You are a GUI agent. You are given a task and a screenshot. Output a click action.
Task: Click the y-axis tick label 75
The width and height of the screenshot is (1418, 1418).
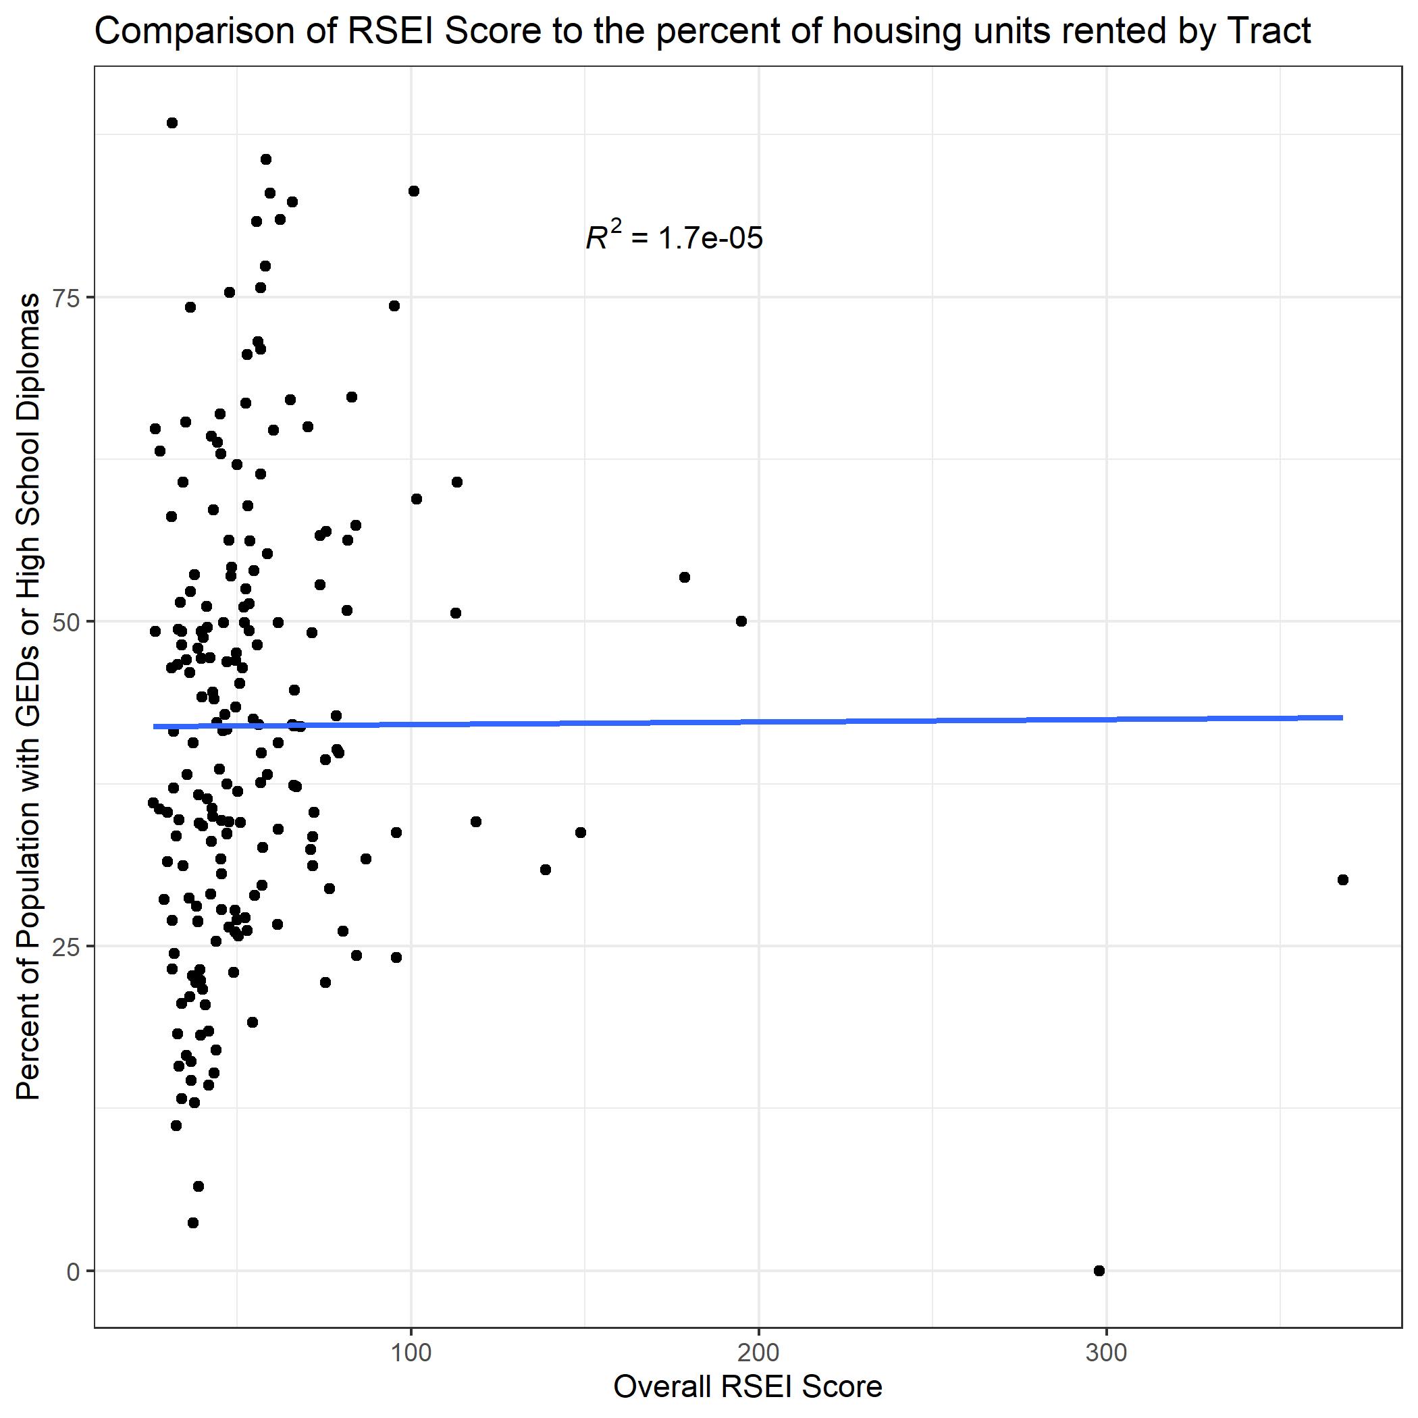(67, 297)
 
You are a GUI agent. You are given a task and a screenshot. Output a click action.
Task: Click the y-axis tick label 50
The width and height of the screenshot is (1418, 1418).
(67, 622)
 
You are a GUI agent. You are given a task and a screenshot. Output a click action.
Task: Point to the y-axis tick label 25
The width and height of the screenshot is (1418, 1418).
(67, 946)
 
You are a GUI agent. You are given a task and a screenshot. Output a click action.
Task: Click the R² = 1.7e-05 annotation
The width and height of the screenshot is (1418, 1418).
(674, 237)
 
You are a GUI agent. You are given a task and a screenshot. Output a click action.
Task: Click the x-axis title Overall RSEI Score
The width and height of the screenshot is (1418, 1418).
(747, 1386)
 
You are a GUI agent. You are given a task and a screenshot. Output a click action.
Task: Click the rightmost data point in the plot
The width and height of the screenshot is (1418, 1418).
(1342, 880)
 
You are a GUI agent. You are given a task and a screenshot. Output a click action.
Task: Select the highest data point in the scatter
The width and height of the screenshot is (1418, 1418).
(172, 123)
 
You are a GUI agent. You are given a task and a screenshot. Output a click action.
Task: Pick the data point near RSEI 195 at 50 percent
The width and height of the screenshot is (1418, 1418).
(741, 621)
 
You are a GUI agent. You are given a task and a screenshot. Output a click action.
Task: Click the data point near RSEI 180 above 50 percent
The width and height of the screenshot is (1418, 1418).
(684, 577)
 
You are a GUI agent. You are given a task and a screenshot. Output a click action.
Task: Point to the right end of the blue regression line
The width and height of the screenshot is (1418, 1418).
(1342, 717)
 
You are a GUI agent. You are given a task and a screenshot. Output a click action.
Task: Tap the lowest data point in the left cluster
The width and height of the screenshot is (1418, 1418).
(193, 1222)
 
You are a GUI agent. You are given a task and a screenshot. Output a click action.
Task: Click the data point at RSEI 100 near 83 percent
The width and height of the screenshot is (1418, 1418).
(413, 191)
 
